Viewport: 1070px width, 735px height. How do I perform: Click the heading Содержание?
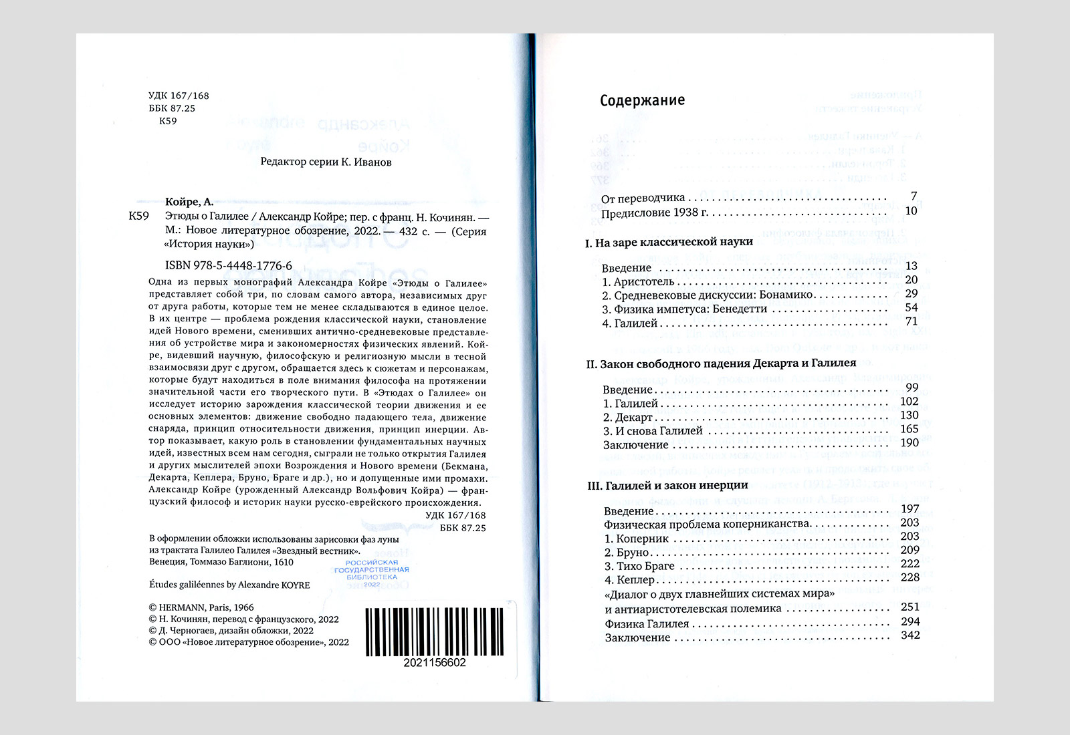coord(642,100)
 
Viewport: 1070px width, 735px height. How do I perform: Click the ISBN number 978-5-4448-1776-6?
coord(228,265)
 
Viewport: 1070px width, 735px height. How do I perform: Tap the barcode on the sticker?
coord(435,631)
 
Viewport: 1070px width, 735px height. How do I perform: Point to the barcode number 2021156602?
coord(435,663)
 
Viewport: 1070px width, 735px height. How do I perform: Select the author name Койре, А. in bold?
coord(189,202)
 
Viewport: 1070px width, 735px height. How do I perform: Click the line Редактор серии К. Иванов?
coord(326,162)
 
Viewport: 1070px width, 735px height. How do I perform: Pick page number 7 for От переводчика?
coord(914,196)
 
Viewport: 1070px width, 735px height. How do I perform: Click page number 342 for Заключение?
coord(910,635)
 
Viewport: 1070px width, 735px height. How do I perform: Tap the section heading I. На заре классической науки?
coord(669,242)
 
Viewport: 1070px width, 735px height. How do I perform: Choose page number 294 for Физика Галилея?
coord(910,621)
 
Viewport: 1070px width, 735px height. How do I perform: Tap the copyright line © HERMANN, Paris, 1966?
coord(201,608)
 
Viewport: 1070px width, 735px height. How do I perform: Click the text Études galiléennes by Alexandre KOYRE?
coord(229,585)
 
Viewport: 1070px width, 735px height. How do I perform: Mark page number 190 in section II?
coord(909,442)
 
